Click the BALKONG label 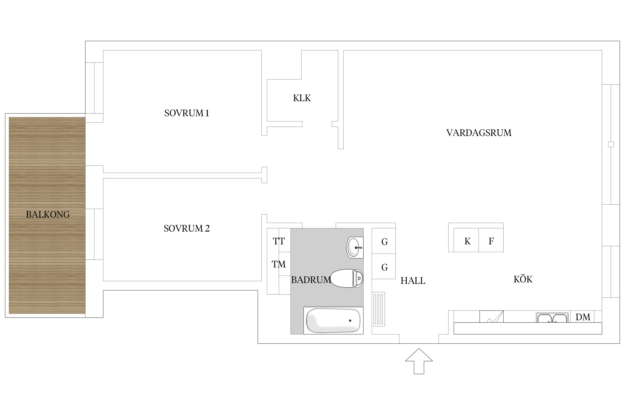[48, 215]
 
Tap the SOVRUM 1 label [187, 113]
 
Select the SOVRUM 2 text [187, 229]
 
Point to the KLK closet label [302, 98]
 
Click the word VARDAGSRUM [479, 133]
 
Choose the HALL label [413, 281]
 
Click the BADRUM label [311, 280]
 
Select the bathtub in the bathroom [333, 321]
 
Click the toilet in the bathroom [347, 278]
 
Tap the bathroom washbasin [355, 247]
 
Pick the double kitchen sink [552, 317]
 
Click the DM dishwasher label [583, 317]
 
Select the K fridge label [467, 241]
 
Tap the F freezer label [491, 241]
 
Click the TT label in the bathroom [279, 241]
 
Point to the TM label [279, 264]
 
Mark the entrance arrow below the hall [419, 361]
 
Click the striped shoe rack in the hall [378, 309]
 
